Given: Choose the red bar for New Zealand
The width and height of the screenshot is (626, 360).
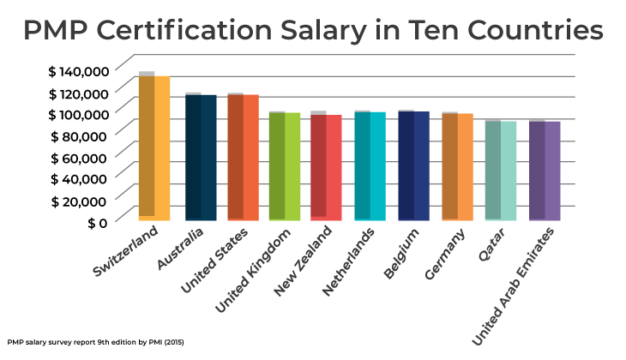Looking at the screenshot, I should point(326,167).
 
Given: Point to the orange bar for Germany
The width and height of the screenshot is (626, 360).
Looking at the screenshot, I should point(457,166).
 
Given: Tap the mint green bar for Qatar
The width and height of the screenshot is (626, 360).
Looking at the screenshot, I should point(500,171).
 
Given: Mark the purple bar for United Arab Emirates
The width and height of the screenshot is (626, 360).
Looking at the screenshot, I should point(544,171).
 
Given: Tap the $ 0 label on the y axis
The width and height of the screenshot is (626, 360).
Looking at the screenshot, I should point(96,222).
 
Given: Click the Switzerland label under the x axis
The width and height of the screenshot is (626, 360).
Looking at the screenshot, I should point(126,252).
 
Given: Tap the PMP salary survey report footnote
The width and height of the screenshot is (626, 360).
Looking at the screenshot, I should point(96,342).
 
